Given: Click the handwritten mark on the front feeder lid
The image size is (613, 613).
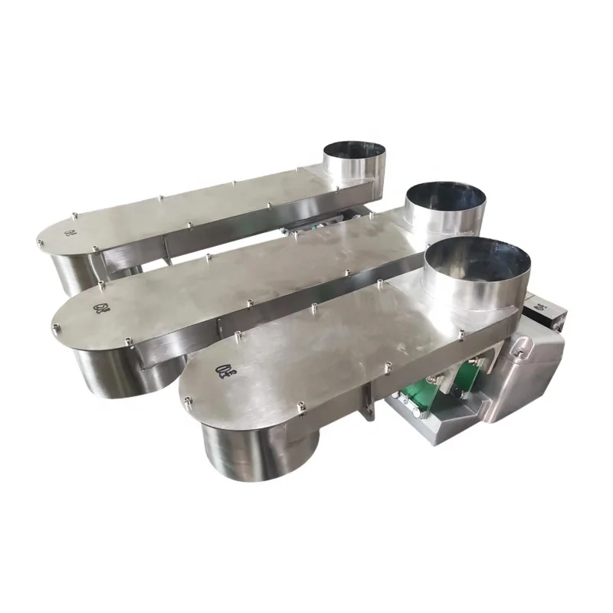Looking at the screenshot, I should coord(227,374).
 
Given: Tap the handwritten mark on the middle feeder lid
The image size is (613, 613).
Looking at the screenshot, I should coord(100,309).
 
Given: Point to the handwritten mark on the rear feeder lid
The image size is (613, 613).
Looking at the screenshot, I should coord(70,231).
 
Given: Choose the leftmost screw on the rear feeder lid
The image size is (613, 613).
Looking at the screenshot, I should coord(39,243).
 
